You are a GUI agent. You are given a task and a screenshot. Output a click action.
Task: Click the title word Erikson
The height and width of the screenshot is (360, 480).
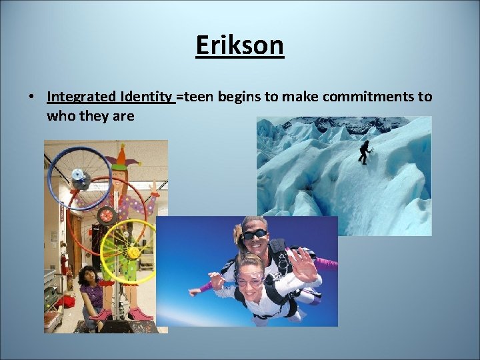[240, 46]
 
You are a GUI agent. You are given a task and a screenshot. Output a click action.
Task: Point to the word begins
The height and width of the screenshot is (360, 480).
[238, 97]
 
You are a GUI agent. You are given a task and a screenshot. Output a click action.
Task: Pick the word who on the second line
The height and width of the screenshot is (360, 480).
[59, 116]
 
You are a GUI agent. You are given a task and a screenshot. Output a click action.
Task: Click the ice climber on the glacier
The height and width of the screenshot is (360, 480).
[364, 152]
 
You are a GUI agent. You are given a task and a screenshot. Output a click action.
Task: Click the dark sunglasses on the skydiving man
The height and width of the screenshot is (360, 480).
[255, 235]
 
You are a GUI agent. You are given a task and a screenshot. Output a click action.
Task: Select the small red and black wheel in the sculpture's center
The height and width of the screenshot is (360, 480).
[107, 215]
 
